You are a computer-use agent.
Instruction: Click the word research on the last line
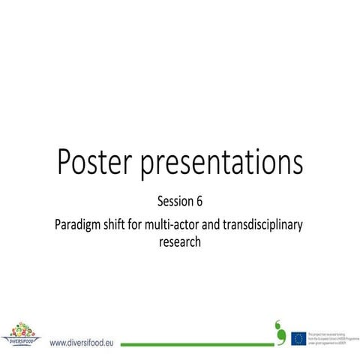180,243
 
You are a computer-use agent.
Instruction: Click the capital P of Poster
64,161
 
